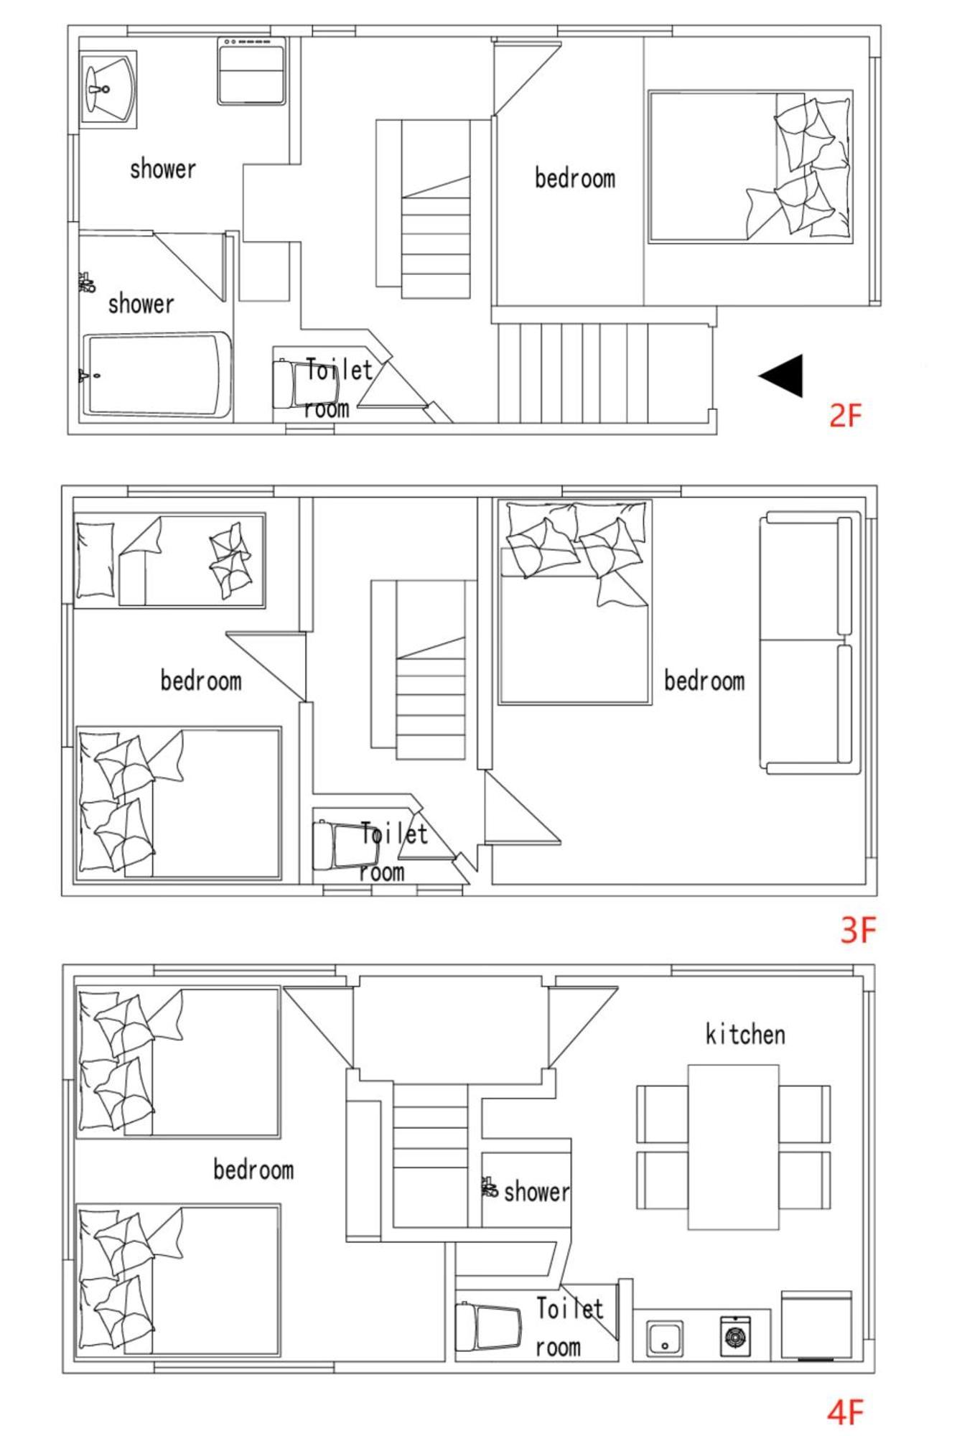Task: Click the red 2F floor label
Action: [845, 416]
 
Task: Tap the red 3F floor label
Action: [859, 930]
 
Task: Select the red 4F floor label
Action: [845, 1413]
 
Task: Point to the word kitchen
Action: [745, 1034]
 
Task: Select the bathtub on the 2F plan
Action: [157, 374]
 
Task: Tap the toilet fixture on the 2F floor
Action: [304, 383]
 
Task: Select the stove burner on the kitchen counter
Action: [735, 1335]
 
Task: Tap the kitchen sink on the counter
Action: [665, 1338]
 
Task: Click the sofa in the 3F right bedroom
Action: [810, 643]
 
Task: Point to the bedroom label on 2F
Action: [575, 178]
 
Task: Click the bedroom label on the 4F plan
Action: [253, 1170]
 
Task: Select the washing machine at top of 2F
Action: [251, 71]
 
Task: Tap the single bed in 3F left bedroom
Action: [170, 560]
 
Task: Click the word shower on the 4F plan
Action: [537, 1192]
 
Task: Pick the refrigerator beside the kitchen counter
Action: [816, 1325]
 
